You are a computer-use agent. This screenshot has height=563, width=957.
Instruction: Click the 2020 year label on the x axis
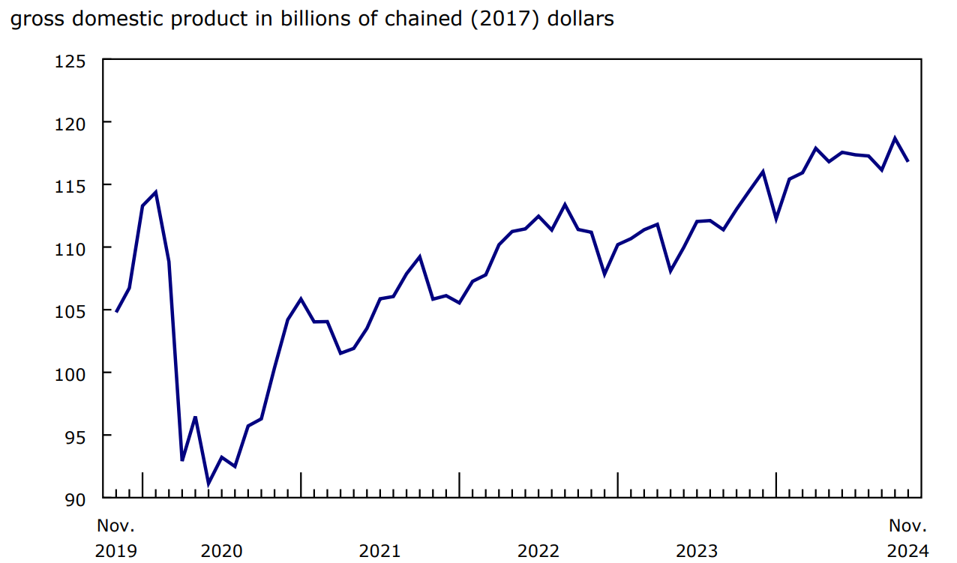click(x=221, y=552)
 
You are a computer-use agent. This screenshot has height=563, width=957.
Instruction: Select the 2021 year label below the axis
click(x=379, y=552)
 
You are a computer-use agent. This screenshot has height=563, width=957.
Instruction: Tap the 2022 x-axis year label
click(x=538, y=552)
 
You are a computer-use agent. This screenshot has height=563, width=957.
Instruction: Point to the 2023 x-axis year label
click(x=697, y=552)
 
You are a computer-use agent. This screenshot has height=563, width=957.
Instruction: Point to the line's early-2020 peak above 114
click(x=155, y=192)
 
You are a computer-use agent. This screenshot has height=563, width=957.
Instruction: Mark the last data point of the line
click(x=908, y=161)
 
